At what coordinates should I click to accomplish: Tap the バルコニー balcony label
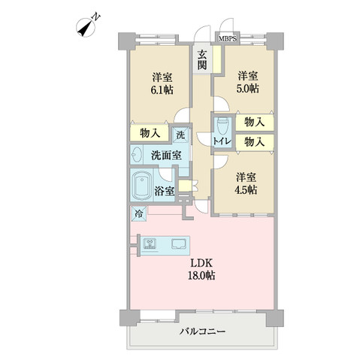click(202, 331)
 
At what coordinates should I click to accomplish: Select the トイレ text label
click(222, 141)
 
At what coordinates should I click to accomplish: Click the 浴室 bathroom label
click(165, 191)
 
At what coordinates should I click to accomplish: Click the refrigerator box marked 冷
click(138, 214)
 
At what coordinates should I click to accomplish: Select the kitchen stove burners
click(150, 244)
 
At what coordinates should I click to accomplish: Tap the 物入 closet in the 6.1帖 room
click(150, 133)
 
